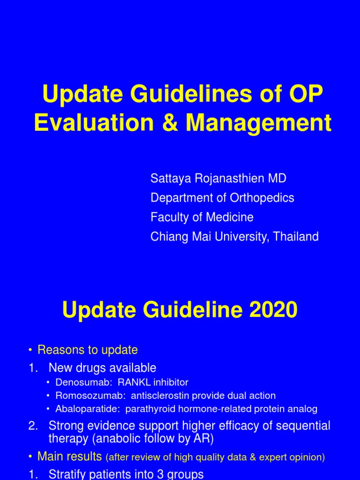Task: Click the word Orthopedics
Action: (x=262, y=198)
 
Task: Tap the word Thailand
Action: (x=296, y=237)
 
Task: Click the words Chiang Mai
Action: (x=179, y=237)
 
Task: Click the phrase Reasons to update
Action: (x=88, y=350)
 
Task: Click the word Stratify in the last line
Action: (x=67, y=474)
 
